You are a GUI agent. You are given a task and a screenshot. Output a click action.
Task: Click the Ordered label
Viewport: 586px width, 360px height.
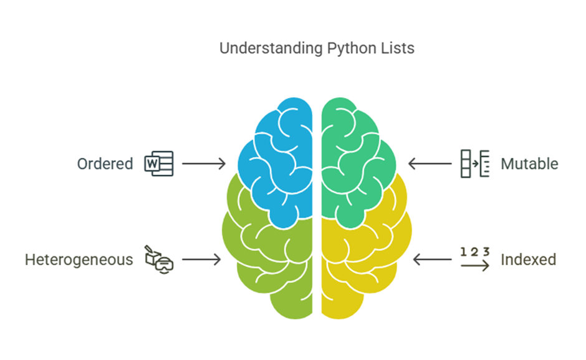pyautogui.click(x=105, y=164)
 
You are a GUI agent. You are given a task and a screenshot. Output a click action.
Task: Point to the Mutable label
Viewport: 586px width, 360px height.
pyautogui.click(x=529, y=164)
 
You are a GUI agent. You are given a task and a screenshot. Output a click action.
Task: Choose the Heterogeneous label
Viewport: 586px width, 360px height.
pyautogui.click(x=79, y=260)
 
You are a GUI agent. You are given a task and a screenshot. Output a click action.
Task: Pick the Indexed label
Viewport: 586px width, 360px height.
pyautogui.click(x=528, y=260)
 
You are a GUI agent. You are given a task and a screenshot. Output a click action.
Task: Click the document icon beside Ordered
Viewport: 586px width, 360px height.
pyautogui.click(x=158, y=163)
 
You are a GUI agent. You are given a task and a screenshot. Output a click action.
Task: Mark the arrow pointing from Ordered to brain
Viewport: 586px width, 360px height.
pyautogui.click(x=204, y=164)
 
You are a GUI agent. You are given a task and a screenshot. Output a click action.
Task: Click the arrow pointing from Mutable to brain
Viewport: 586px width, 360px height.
pyautogui.click(x=430, y=164)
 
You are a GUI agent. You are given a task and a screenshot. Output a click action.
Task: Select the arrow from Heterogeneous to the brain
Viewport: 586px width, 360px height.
pyautogui.click(x=200, y=260)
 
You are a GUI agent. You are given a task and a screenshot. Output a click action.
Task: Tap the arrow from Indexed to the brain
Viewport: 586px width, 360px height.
pyautogui.click(x=433, y=260)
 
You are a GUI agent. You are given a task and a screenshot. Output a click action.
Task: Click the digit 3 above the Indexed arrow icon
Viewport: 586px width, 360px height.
pyautogui.click(x=486, y=252)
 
